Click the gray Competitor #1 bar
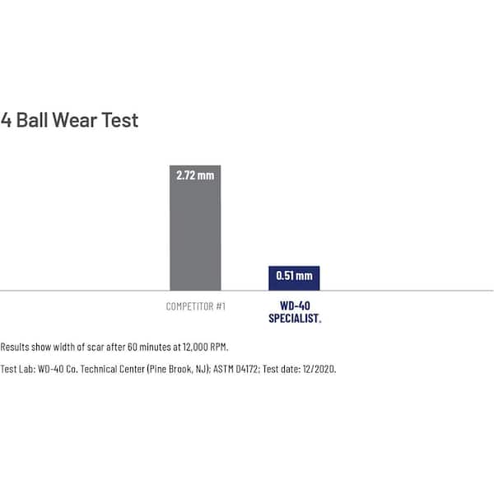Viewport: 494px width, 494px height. [x=195, y=239]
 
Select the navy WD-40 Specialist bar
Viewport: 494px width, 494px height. [x=294, y=282]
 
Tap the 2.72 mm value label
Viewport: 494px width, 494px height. [x=195, y=176]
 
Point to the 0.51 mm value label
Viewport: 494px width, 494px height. [x=294, y=276]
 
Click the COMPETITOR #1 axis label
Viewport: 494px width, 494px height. [x=196, y=307]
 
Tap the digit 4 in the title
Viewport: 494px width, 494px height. [x=7, y=120]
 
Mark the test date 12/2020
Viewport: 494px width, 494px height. [x=319, y=369]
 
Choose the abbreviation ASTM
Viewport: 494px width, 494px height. [x=213, y=369]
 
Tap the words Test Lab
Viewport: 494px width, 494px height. [x=17, y=369]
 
